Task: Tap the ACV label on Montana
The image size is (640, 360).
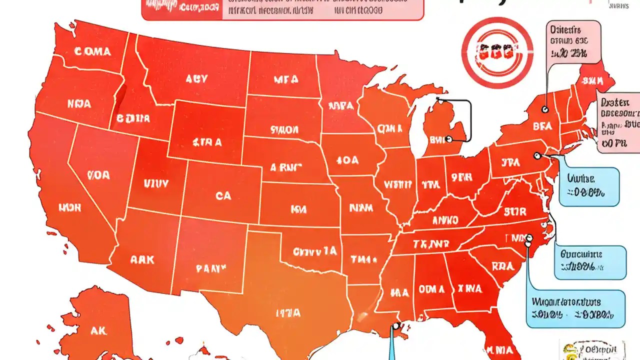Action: [x=197, y=79]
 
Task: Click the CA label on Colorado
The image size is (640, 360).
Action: [x=223, y=196]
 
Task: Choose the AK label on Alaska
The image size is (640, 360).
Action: [x=98, y=330]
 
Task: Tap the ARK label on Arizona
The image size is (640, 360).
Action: [x=142, y=260]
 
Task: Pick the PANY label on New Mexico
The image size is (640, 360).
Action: [x=210, y=268]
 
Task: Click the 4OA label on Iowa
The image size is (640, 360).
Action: [x=347, y=160]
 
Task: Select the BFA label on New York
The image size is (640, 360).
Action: [x=542, y=127]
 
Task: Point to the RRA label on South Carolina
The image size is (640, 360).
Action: [x=502, y=267]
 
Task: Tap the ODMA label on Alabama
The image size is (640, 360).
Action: [x=431, y=288]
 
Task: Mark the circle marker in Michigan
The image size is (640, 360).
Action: [x=448, y=139]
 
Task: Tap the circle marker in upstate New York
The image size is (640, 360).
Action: [x=544, y=109]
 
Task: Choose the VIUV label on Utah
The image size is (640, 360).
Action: [x=156, y=183]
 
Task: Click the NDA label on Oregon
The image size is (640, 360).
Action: [x=79, y=104]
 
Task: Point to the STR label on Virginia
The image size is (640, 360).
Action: [x=515, y=211]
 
